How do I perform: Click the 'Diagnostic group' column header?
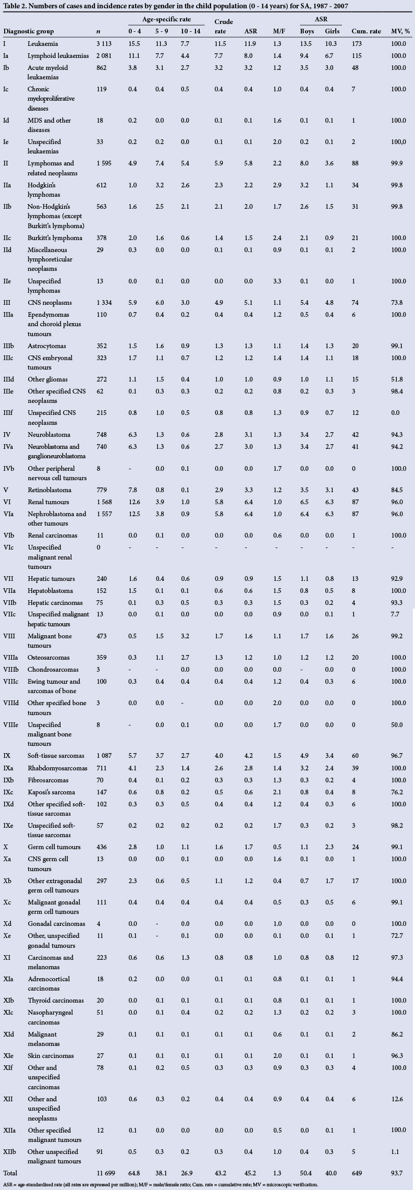point(29,31)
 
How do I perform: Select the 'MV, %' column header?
point(400,31)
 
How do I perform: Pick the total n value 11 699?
point(108,1173)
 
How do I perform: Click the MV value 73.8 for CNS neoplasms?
point(399,303)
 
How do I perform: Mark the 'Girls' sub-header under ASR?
point(333,31)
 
